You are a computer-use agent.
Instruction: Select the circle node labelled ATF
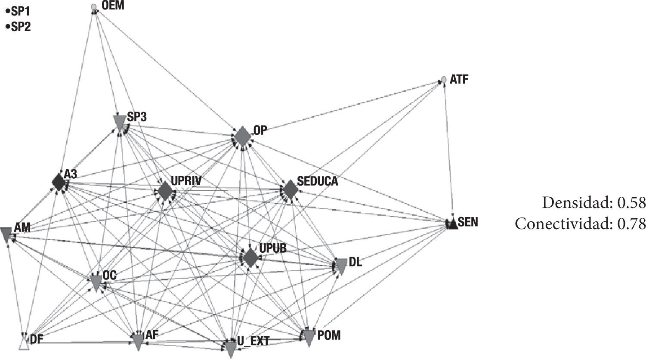pyautogui.click(x=443, y=80)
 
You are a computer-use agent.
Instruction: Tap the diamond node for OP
pyautogui.click(x=243, y=136)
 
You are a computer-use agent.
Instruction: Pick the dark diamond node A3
pyautogui.click(x=59, y=182)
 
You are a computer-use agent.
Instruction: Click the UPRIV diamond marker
pyautogui.click(x=164, y=191)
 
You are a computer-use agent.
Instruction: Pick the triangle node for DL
pyautogui.click(x=340, y=267)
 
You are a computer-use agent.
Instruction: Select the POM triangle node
pyautogui.click(x=309, y=338)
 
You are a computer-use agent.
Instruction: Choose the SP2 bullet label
pyautogui.click(x=17, y=27)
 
